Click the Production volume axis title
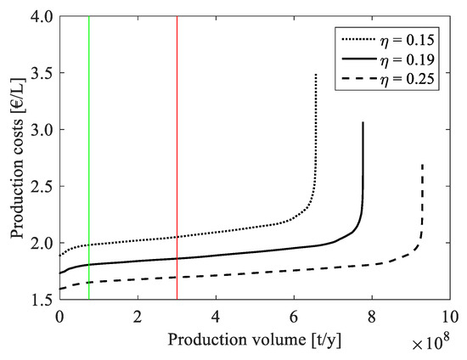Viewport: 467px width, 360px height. [x=255, y=337]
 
